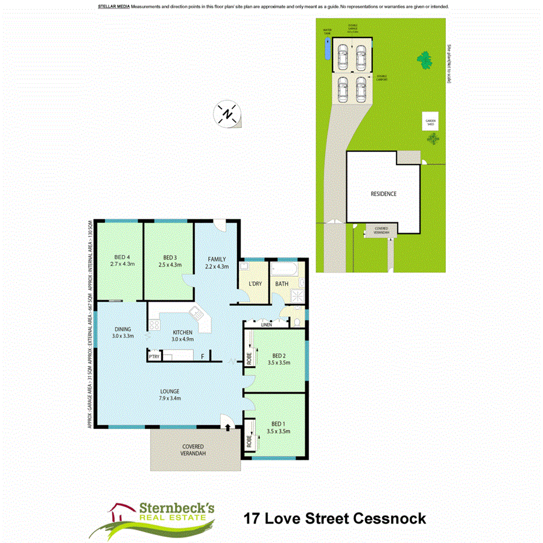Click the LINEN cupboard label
click(x=266, y=325)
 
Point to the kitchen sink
click(x=197, y=313)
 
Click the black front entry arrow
click(x=227, y=427)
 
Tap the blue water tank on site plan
click(x=327, y=48)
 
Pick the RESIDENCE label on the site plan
click(x=383, y=194)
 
